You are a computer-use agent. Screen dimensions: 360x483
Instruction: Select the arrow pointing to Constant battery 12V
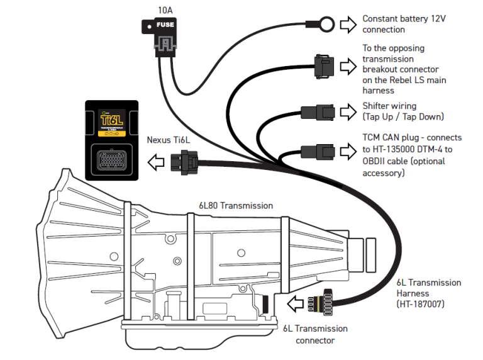pos(348,25)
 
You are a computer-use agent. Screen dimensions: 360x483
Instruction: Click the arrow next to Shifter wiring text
pos(348,111)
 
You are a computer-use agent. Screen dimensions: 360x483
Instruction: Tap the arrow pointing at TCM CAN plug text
pos(348,151)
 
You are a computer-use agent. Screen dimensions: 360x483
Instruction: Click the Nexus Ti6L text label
pos(168,140)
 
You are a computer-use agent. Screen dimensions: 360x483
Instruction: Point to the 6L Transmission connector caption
pos(315,334)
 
